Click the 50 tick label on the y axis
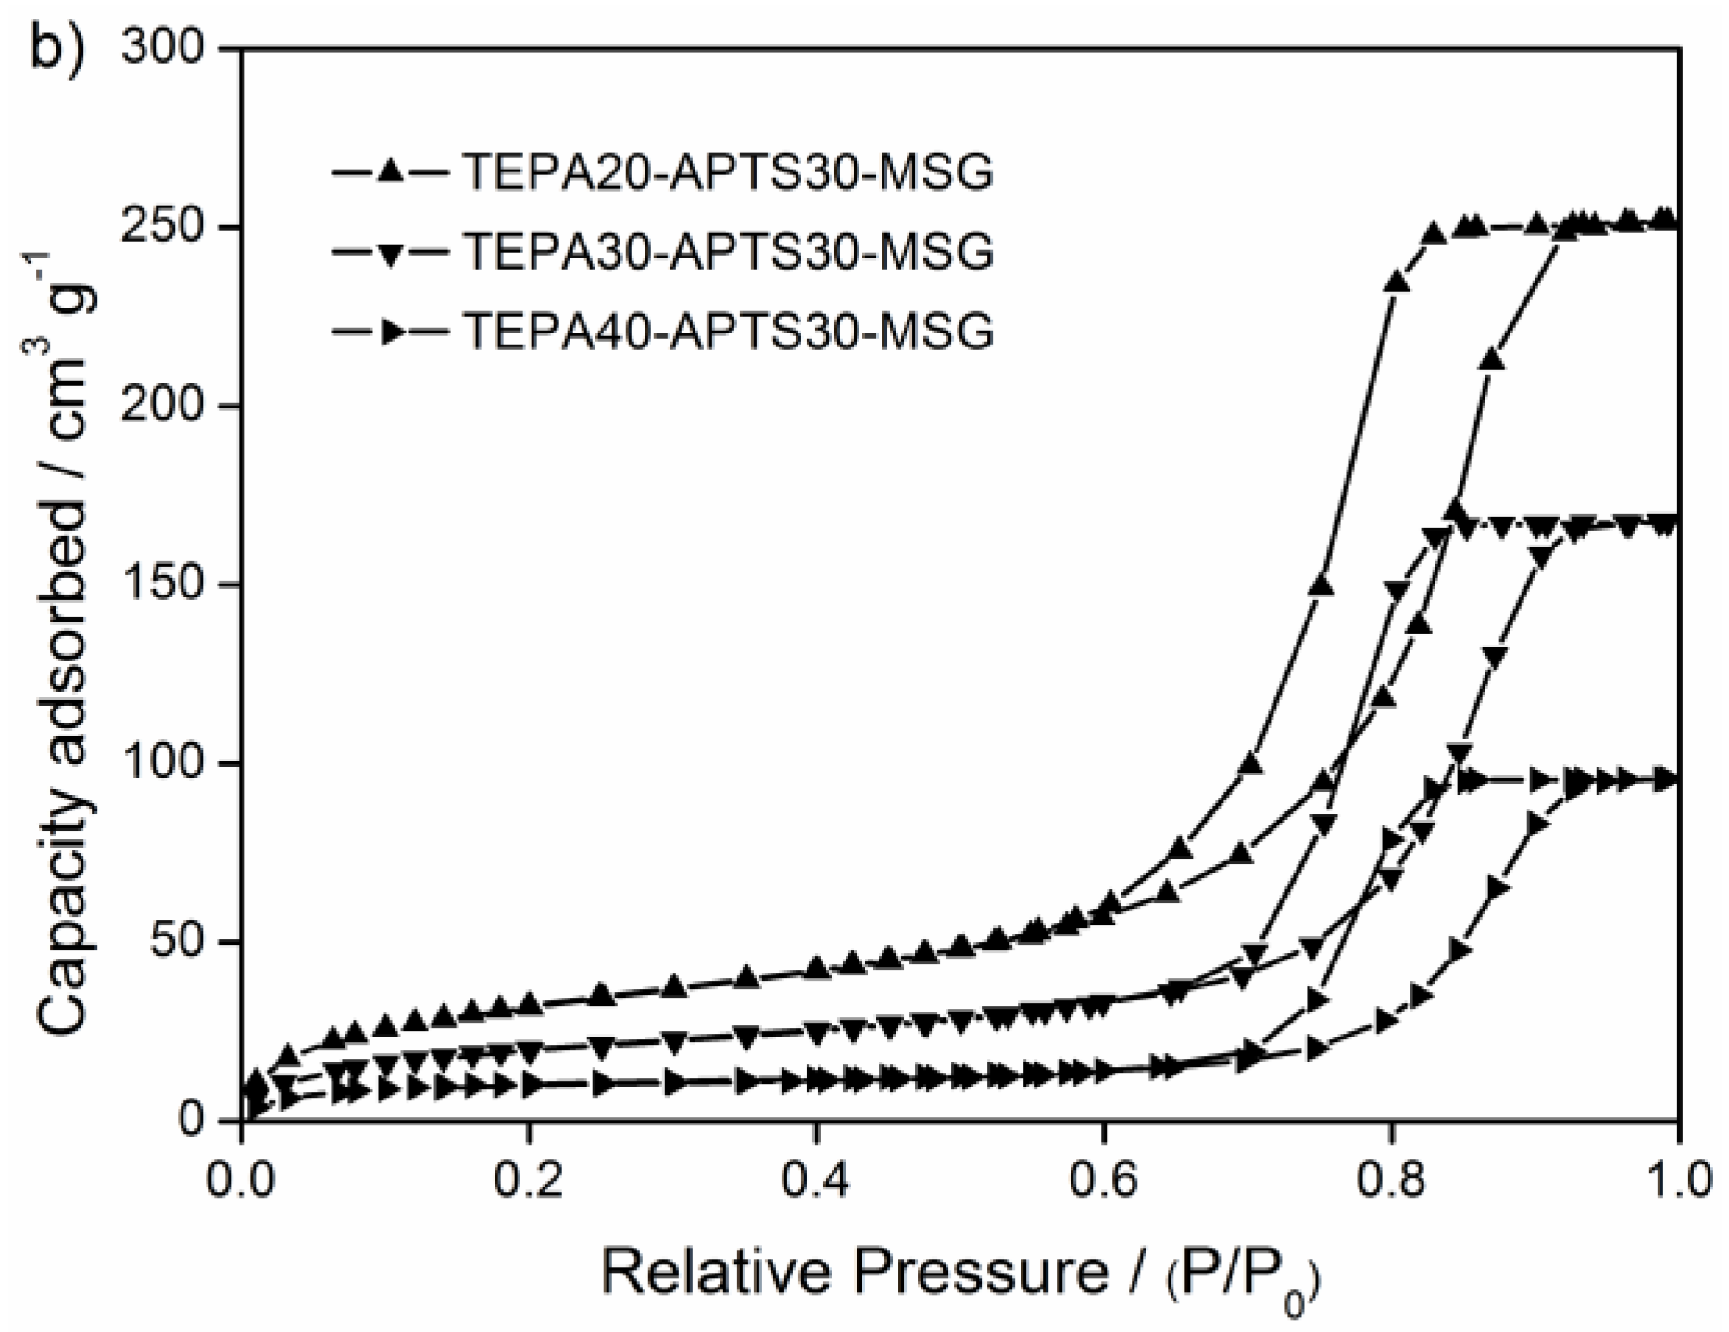click(190, 942)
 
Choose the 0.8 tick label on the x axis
click(1390, 1183)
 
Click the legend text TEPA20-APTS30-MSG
click(728, 172)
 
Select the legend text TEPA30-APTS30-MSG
click(728, 251)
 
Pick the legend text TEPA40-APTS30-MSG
click(728, 330)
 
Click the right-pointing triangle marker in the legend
click(393, 331)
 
